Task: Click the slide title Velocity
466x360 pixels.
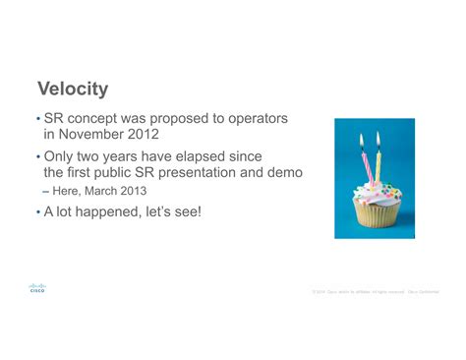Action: (72, 90)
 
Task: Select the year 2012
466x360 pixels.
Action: (166, 135)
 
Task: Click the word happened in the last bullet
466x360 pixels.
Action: (108, 211)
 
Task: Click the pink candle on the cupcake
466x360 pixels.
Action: (363, 162)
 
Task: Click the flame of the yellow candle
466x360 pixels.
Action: (377, 141)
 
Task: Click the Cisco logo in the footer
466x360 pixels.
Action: (37, 288)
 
